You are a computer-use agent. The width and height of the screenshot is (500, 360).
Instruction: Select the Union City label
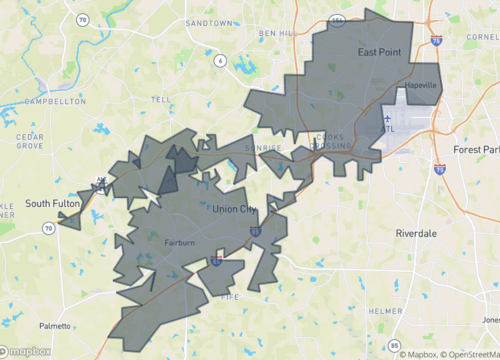pos(235,208)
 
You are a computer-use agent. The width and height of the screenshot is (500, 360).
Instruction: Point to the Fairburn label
pos(181,242)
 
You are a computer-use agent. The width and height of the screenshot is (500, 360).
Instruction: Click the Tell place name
pos(160,100)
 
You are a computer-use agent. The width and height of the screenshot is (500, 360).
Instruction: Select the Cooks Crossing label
pos(327,142)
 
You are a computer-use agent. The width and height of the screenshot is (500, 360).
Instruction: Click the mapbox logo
pos(28,351)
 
